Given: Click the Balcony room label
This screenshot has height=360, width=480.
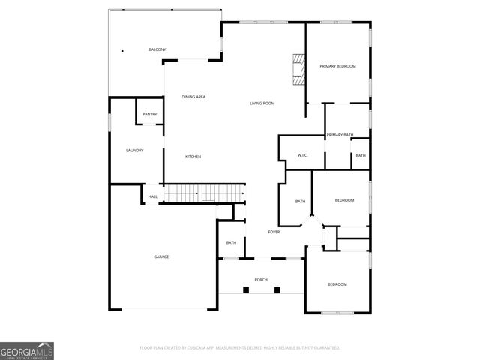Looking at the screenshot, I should [157, 49].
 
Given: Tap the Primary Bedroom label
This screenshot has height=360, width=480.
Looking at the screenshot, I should [337, 67].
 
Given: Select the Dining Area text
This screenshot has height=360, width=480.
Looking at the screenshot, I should [193, 97].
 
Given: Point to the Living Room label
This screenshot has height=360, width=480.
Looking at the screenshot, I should [262, 103].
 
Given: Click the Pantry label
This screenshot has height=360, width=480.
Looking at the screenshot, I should [150, 114].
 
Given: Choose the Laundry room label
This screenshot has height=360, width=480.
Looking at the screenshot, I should [134, 151].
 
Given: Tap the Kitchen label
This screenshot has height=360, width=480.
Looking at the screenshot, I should [193, 157].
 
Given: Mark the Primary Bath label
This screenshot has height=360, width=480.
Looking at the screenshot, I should [340, 135].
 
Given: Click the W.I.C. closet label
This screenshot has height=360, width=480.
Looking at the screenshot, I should [302, 155].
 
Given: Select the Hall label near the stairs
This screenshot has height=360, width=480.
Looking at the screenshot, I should [152, 197].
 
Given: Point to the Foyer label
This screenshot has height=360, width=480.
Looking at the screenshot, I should [274, 232].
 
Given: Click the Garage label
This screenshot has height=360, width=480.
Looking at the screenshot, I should [161, 257].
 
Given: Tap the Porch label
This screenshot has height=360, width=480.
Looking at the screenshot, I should [261, 279].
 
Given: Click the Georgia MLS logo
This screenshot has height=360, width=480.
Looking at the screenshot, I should [27, 350].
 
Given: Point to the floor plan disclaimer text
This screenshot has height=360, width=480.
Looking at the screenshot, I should [240, 348].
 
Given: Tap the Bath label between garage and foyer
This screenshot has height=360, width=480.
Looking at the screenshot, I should [232, 242].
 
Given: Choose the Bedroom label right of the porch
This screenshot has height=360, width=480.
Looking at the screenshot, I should [337, 284].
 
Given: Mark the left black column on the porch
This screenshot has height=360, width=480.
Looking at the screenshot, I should [245, 289].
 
